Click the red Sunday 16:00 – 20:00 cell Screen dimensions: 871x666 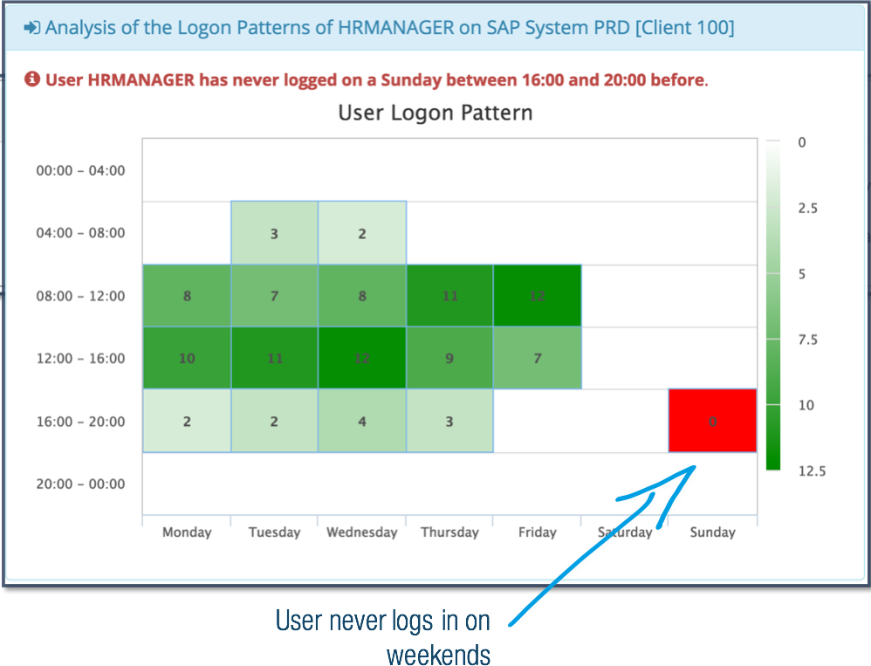coord(712,421)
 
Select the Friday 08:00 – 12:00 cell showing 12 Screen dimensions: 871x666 coord(537,296)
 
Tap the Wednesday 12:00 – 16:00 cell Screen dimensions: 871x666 coord(361,358)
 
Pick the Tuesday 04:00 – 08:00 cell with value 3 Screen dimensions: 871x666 coord(274,233)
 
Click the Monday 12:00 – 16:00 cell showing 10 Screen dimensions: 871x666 coord(187,358)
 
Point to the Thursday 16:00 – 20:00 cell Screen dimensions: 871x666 coord(449,421)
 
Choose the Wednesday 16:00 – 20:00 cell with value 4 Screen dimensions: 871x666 coord(361,421)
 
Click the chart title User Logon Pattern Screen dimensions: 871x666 coord(435,113)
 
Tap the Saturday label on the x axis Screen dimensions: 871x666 coord(625,532)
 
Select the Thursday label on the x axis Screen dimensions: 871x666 coord(450,532)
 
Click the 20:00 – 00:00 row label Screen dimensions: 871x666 coord(80,484)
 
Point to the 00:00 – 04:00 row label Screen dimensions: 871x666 coord(80,170)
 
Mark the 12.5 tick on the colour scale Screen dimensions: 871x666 coord(812,471)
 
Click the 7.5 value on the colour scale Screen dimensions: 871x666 coord(807,340)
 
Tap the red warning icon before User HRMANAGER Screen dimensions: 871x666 coord(32,79)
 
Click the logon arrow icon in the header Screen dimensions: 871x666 coord(31,27)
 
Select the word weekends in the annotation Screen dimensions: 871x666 coord(438,655)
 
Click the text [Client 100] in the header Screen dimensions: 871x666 coord(684,28)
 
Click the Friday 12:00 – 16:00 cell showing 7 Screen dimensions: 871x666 coord(537,358)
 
